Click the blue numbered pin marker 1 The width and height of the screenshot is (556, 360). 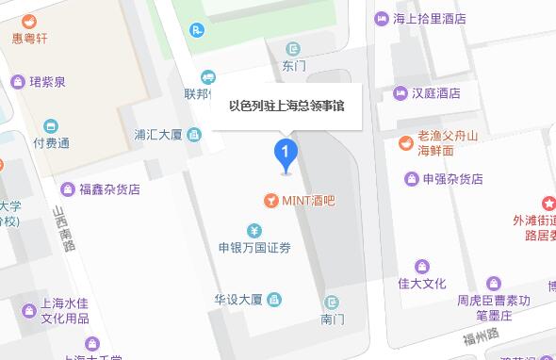(x=286, y=153)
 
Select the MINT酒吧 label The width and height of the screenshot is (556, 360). (x=308, y=201)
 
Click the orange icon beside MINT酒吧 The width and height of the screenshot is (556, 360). (x=270, y=201)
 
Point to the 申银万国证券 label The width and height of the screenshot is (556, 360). (x=254, y=248)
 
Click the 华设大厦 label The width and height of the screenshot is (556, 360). (x=237, y=300)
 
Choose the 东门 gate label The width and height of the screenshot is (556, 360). (x=294, y=66)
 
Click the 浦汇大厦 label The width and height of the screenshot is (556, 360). (x=158, y=135)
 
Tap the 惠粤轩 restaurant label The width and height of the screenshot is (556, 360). (x=29, y=40)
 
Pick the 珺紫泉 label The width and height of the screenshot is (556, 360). (x=47, y=82)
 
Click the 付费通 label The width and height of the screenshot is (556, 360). (x=51, y=143)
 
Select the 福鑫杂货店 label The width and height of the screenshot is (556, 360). (x=108, y=188)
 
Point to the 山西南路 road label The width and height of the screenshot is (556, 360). (x=64, y=231)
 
